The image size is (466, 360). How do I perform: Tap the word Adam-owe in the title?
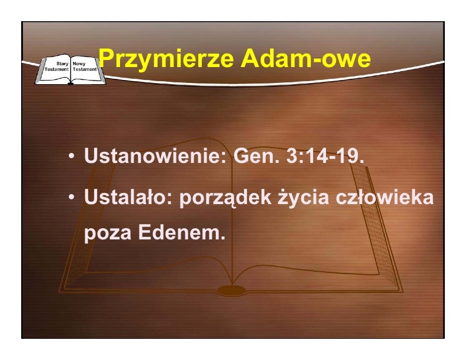pyautogui.click(x=306, y=58)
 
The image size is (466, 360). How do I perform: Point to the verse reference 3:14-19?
pyautogui.click(x=325, y=155)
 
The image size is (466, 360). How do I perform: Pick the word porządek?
pyautogui.click(x=225, y=198)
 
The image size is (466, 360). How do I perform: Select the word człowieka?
pyautogui.click(x=385, y=196)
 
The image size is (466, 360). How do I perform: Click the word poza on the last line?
pyautogui.click(x=108, y=234)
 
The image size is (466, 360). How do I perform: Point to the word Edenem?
pyautogui.click(x=182, y=232)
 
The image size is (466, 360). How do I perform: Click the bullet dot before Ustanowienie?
pyautogui.click(x=71, y=156)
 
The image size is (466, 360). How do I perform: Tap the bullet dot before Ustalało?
pyautogui.click(x=71, y=197)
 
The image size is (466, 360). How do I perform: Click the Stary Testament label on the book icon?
pyautogui.click(x=56, y=66)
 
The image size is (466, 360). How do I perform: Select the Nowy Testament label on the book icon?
pyautogui.click(x=85, y=66)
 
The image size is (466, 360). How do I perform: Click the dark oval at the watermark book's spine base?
pyautogui.click(x=232, y=290)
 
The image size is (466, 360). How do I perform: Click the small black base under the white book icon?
pyautogui.click(x=71, y=84)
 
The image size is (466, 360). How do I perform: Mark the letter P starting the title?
pyautogui.click(x=106, y=58)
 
